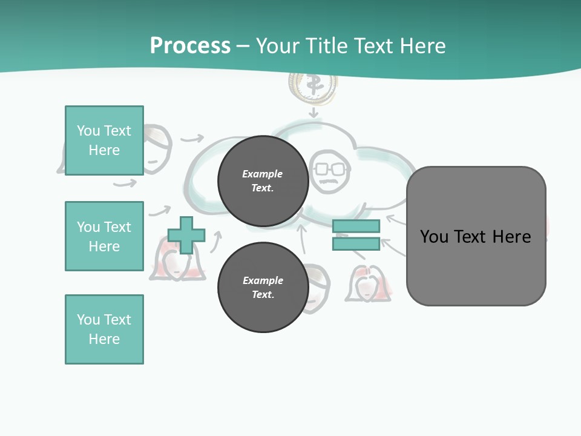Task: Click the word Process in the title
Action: pyautogui.click(x=190, y=46)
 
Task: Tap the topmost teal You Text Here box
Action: pyautogui.click(x=104, y=140)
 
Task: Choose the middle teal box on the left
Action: pyautogui.click(x=104, y=236)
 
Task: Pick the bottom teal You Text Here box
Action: pyautogui.click(x=104, y=329)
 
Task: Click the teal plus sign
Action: pyautogui.click(x=186, y=235)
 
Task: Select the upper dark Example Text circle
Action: pyautogui.click(x=263, y=181)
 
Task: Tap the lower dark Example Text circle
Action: pyautogui.click(x=263, y=288)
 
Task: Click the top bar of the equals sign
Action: pyautogui.click(x=356, y=226)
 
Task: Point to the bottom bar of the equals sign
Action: pyautogui.click(x=356, y=244)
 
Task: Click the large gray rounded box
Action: pyautogui.click(x=476, y=236)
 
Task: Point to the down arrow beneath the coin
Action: pyautogui.click(x=313, y=113)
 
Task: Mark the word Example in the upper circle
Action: pyautogui.click(x=263, y=174)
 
